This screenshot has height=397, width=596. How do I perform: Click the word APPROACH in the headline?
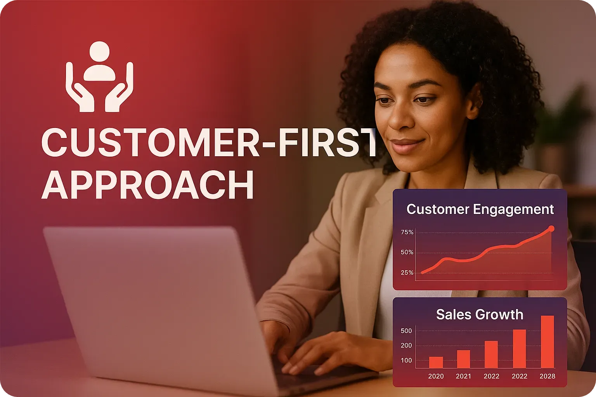(147, 186)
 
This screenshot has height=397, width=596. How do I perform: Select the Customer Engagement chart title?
(480, 209)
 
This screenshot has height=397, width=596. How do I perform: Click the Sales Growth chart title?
(480, 314)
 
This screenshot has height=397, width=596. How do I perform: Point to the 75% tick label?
(407, 232)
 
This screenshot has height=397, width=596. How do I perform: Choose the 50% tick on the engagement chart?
(407, 252)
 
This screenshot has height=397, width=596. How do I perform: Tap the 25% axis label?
(407, 273)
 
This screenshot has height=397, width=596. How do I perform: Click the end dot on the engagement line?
(551, 229)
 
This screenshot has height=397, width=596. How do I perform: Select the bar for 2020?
(436, 362)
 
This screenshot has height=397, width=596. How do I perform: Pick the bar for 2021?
(463, 359)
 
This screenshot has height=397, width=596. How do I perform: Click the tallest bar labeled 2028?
(547, 342)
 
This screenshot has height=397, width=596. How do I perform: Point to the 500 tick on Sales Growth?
(406, 331)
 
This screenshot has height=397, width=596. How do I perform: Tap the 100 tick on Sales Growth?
(406, 361)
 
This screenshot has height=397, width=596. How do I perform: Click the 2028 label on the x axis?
(547, 376)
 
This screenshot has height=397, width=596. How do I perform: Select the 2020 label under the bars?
(436, 376)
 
